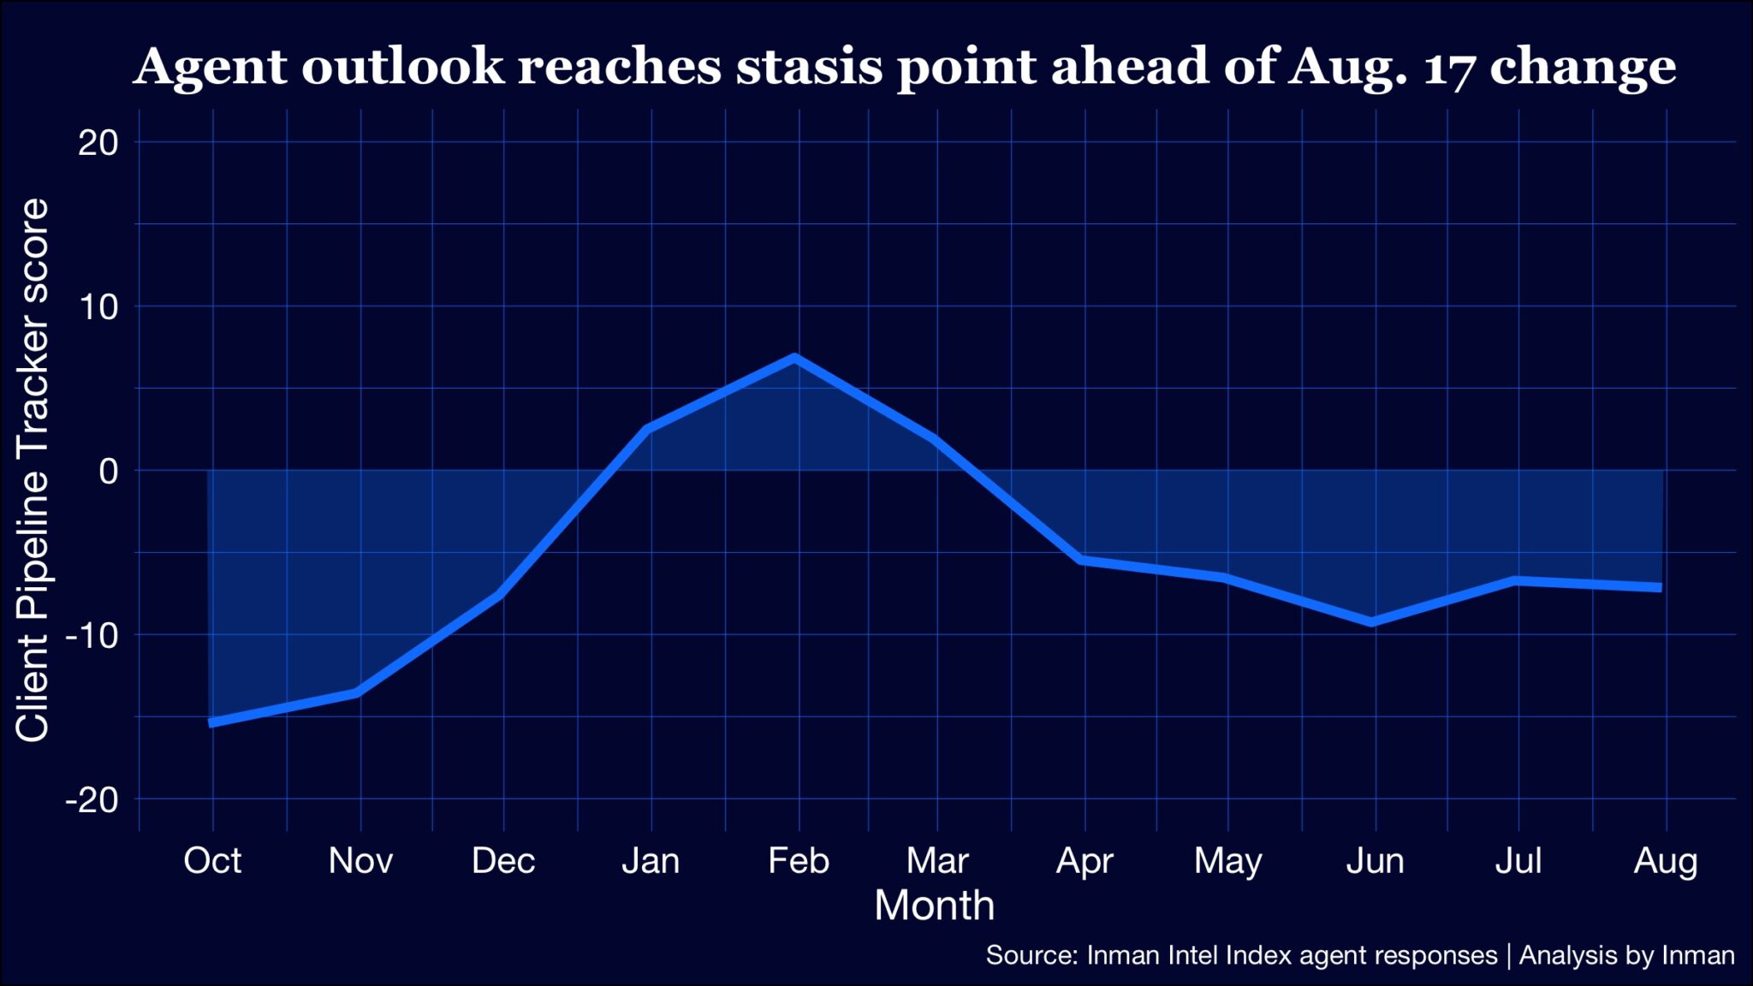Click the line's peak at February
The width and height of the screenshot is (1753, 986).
coord(796,358)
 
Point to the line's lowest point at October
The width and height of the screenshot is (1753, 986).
coord(212,722)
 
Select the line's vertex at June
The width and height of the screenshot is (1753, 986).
coord(1373,621)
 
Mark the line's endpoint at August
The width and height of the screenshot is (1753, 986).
coord(1661,587)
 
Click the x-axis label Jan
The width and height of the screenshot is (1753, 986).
coord(651,861)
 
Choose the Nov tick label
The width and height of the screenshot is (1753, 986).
coord(360,861)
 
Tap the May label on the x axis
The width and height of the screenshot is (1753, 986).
coord(1227,861)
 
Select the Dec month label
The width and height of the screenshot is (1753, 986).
coord(503,861)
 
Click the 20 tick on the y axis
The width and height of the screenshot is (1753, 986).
coord(98,142)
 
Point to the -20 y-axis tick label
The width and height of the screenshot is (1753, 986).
coord(92,800)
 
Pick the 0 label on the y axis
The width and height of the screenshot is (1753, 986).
coord(109,471)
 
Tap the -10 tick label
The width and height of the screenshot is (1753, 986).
coord(92,636)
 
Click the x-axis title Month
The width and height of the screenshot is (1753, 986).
coord(934,906)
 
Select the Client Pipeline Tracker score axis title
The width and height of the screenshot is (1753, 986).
coord(33,470)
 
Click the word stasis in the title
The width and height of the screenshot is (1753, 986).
coord(809,67)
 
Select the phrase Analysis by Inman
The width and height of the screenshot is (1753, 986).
coord(1626,955)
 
